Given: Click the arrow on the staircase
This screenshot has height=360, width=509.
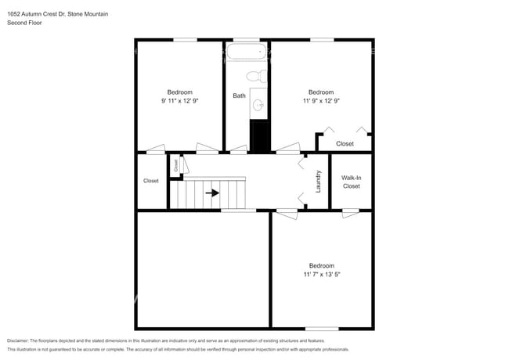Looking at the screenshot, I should tap(212, 193).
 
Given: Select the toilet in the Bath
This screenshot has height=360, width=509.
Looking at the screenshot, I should tap(254, 77).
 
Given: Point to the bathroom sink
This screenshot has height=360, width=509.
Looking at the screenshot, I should tap(258, 105).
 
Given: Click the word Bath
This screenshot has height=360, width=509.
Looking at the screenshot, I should tap(239, 96).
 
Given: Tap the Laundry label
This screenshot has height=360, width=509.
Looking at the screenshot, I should tap(319, 182).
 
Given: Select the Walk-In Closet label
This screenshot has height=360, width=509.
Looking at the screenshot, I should tap(351, 182).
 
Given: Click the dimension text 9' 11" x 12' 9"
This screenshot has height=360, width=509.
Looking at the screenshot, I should tap(179, 101).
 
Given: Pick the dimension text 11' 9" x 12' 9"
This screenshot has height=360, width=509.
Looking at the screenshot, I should tap(321, 101).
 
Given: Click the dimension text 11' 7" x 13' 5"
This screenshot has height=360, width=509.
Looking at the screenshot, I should tap(321, 275).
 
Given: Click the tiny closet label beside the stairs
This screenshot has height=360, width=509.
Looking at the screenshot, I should tap(177, 165).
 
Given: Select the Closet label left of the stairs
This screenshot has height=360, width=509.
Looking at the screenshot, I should tap(151, 181).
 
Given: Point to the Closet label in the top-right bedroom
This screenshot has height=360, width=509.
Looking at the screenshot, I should tap(345, 144).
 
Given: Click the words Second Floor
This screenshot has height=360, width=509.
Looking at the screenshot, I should tap(24, 23).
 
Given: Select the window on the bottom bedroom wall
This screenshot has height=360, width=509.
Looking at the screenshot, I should tap(321, 328).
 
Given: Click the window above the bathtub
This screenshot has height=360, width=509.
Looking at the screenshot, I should tap(246, 40).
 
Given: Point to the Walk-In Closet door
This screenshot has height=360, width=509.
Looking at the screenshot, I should tap(351, 211).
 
